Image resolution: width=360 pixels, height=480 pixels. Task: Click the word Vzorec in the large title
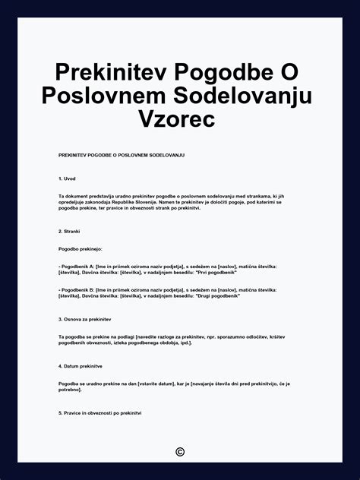tap(179, 119)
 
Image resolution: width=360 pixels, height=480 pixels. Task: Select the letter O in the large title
tap(288, 74)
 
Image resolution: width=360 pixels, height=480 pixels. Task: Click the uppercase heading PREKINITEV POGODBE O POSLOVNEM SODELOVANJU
tap(122, 155)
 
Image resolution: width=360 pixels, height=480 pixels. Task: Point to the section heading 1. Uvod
tap(67, 178)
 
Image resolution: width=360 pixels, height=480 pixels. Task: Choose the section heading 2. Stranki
tap(69, 231)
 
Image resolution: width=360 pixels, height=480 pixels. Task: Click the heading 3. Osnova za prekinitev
tap(84, 319)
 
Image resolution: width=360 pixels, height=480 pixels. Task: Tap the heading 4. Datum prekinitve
tap(81, 366)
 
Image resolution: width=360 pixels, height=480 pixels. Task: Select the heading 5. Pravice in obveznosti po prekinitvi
tap(99, 413)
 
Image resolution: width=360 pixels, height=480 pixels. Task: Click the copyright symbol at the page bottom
tap(180, 452)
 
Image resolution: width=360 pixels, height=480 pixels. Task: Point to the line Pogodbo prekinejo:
tap(80, 248)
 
